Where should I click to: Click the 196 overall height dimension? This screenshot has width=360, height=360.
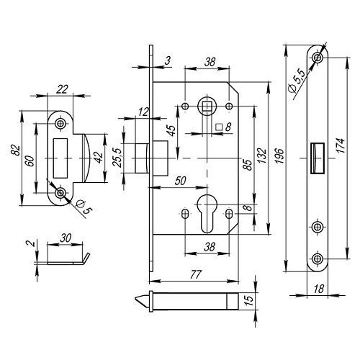point(279,156)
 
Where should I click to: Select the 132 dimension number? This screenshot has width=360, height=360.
point(263,156)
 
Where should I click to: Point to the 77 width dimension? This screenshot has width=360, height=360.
point(195,274)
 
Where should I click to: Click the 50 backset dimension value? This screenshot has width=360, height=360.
point(180,181)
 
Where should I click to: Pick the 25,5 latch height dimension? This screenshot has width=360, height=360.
point(117,158)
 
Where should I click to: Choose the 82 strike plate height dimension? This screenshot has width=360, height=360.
point(16,150)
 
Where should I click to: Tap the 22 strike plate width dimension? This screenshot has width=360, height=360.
point(62,89)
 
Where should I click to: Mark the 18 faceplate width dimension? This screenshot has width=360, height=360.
point(319,289)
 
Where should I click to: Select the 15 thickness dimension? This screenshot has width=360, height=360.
point(250,300)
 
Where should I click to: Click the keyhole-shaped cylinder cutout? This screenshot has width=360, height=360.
point(207,212)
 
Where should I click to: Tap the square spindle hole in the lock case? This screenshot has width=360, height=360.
point(207,106)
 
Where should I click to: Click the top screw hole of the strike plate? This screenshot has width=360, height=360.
point(60,124)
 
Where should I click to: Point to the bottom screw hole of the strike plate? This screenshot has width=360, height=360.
point(60,193)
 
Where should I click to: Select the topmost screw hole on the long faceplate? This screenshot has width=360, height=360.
point(318,58)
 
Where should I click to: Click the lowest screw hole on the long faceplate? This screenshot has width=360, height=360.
point(318,258)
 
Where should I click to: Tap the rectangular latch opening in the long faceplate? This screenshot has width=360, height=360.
point(318,158)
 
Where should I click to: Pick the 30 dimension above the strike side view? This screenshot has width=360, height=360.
point(66,238)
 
